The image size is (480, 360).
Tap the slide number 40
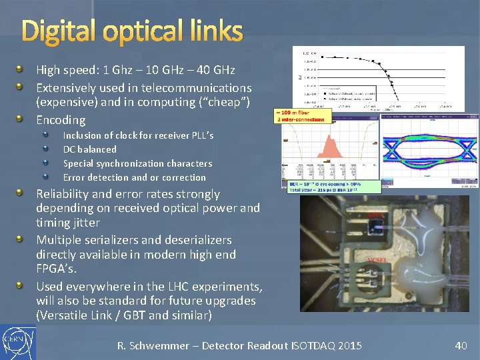(461, 345)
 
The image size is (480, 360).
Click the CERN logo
(18, 341)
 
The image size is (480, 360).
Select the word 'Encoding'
(61, 120)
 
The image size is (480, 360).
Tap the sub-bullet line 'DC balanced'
(89, 149)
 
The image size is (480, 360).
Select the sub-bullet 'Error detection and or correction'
(134, 177)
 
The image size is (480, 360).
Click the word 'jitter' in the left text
(85, 223)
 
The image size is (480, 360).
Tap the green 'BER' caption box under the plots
(334, 187)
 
